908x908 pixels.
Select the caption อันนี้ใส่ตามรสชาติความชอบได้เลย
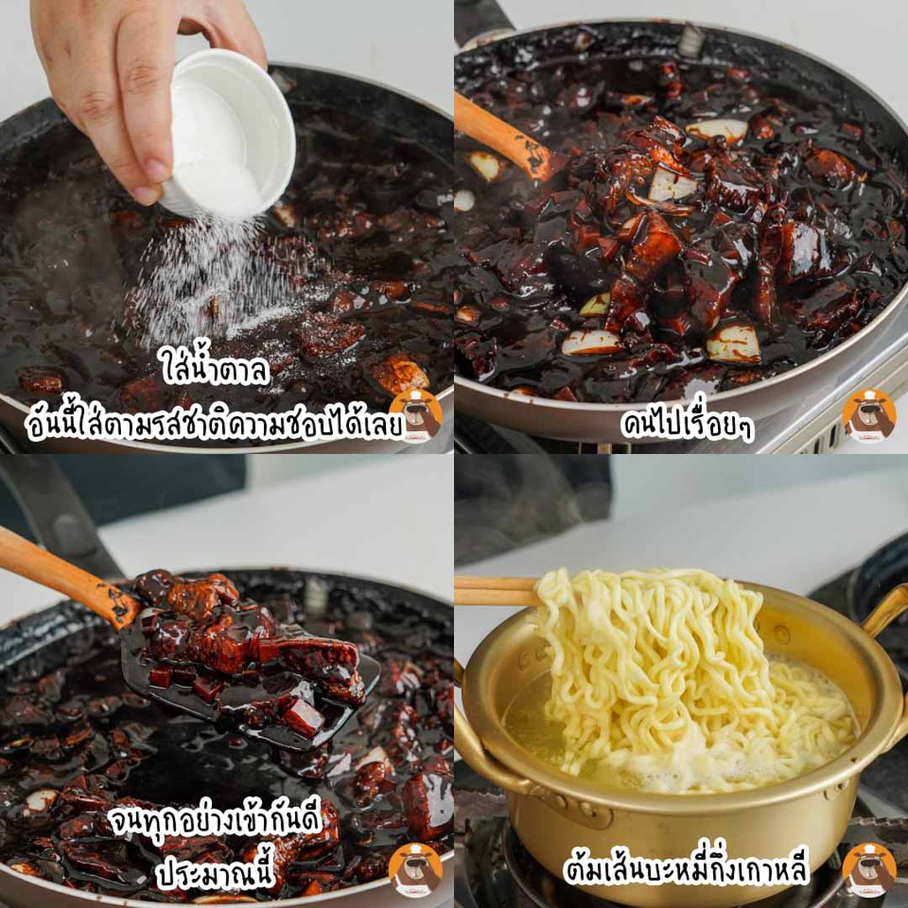(214, 423)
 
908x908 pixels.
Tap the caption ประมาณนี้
(214, 872)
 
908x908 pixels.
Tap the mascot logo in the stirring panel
(868, 415)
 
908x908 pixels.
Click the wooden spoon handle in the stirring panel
(501, 137)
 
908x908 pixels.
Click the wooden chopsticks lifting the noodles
(498, 591)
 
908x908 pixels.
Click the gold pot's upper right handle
(883, 615)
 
